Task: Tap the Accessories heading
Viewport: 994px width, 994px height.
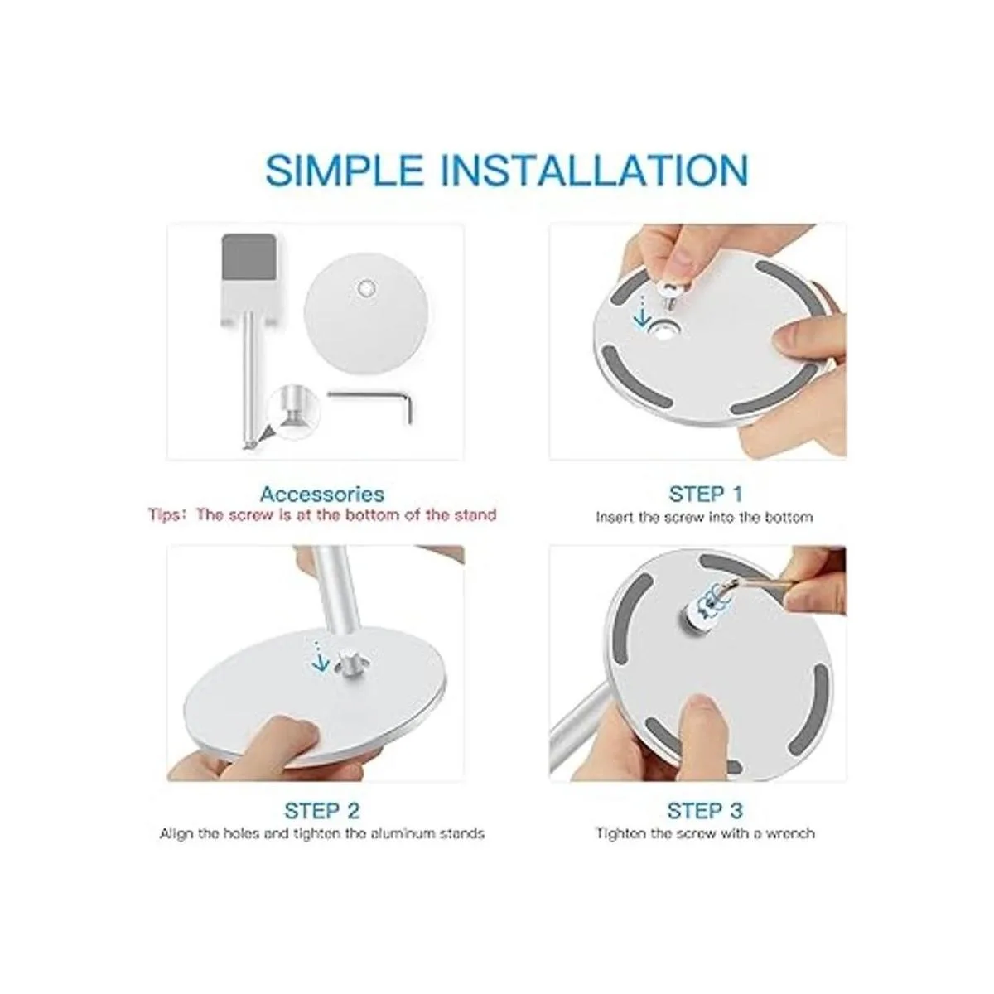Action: point(322,495)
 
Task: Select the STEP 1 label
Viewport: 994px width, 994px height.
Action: point(705,495)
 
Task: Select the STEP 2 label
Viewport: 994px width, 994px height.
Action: point(322,810)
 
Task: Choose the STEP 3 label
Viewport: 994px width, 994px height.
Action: point(705,810)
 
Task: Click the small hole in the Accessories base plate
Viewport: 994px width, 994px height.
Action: point(365,288)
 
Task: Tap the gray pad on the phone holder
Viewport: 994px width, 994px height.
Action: point(249,258)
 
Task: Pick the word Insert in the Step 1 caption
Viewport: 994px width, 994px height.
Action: point(615,518)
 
